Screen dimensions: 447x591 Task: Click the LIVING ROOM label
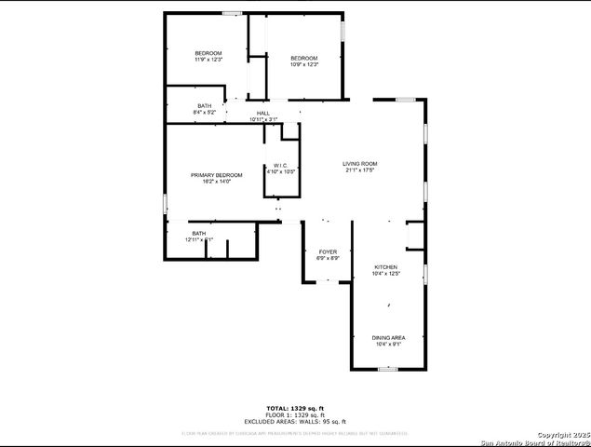pos(360,163)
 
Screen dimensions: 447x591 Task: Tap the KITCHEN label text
pos(386,267)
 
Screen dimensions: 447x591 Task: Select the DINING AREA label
pos(388,337)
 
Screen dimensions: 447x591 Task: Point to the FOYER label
pos(328,251)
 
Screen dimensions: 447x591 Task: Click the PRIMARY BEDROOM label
pos(216,175)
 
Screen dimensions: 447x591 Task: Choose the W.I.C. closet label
pos(281,166)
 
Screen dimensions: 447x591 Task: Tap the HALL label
pos(263,114)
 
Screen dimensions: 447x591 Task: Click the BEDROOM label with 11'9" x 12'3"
pos(208,53)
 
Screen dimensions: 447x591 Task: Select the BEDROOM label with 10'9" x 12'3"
pos(304,58)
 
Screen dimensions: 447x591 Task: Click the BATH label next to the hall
pos(205,106)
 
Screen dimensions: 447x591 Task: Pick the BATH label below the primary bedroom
pos(199,233)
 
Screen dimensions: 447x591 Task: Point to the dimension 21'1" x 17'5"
pos(360,170)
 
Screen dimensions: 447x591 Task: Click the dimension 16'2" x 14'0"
pos(216,182)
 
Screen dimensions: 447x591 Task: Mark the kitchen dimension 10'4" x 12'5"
pos(386,274)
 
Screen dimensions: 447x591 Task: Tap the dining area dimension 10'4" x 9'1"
pos(388,344)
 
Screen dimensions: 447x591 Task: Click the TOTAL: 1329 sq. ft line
pos(295,408)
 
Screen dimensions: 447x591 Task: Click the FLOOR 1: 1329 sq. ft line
pos(295,414)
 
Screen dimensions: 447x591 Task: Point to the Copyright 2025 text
pos(563,434)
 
